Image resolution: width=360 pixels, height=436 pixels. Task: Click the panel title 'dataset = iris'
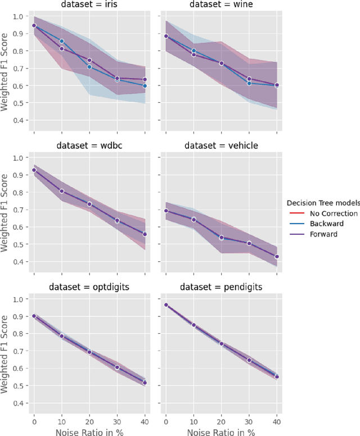pos(89,4)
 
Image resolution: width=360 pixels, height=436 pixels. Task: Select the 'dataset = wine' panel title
pos(221,4)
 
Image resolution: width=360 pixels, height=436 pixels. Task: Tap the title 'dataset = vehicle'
pos(221,146)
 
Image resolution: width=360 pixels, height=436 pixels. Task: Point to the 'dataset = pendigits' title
pos(221,287)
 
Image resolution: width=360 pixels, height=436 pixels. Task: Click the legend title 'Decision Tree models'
pos(322,203)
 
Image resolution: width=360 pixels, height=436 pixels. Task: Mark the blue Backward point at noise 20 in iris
pos(89,67)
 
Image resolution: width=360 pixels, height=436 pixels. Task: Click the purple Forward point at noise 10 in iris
pos(62,49)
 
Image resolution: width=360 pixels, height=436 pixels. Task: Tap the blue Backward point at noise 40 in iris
pos(145,86)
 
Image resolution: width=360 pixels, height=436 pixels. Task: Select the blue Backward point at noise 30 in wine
pos(249,83)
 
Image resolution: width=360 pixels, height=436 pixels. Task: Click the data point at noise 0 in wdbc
pos(34,170)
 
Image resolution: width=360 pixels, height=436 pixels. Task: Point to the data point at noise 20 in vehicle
pos(221,238)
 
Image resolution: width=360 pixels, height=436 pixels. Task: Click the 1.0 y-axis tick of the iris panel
pos(20,16)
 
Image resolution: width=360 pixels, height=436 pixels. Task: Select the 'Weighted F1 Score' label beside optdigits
pos(6,351)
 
